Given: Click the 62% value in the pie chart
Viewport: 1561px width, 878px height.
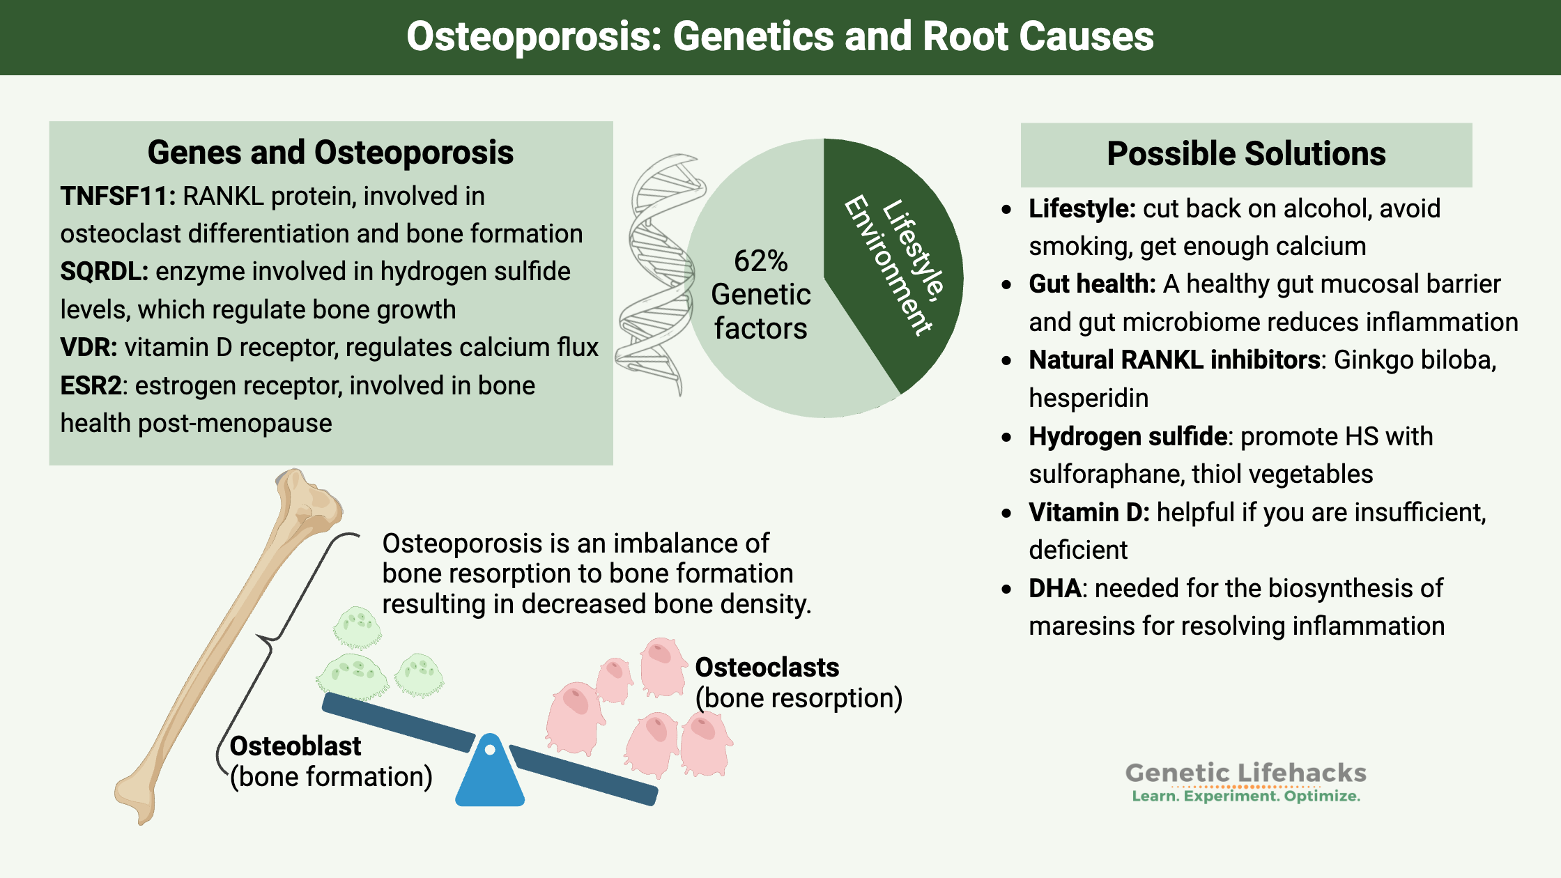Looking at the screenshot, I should click(760, 261).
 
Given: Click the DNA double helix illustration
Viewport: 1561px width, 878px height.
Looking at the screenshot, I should click(659, 275).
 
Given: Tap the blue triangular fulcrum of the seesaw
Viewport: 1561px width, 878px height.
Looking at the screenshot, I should click(490, 773).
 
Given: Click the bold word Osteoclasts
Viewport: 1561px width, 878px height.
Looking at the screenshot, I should click(767, 668).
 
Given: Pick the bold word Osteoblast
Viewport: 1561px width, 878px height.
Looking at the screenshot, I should click(295, 746).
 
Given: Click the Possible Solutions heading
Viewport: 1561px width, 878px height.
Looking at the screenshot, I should click(1246, 154).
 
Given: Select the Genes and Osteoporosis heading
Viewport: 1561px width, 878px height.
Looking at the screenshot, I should click(330, 153).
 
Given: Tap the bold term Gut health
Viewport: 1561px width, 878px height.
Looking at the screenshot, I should click(1091, 284).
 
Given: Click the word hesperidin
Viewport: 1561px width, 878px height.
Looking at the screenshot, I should click(1089, 399).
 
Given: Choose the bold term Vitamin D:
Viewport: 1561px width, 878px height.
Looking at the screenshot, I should click(1089, 513).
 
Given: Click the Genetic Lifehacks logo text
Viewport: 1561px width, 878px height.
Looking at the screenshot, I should click(1245, 773).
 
